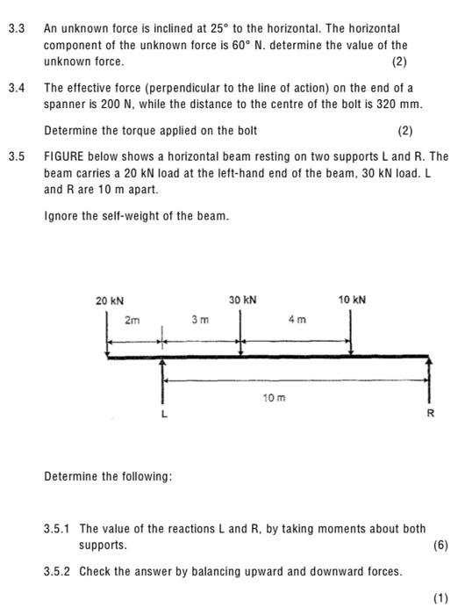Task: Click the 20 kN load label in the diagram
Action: click(110, 300)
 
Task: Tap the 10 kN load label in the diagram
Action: click(353, 300)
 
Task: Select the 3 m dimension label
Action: click(200, 322)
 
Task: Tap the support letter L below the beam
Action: click(162, 414)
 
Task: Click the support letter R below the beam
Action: click(430, 414)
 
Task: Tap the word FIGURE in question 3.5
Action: click(68, 157)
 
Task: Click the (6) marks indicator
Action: click(440, 545)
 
